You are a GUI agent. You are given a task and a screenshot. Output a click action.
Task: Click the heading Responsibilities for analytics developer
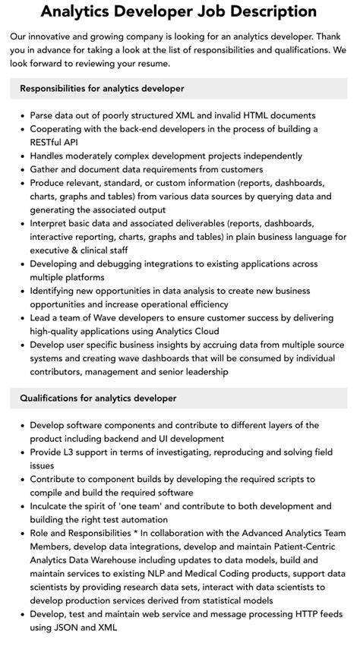click(102, 89)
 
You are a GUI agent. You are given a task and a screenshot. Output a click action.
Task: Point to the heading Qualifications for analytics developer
click(98, 398)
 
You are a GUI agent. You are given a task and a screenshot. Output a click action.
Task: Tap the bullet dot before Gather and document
click(21, 169)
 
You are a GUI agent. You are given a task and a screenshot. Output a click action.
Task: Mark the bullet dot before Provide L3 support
click(21, 452)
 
